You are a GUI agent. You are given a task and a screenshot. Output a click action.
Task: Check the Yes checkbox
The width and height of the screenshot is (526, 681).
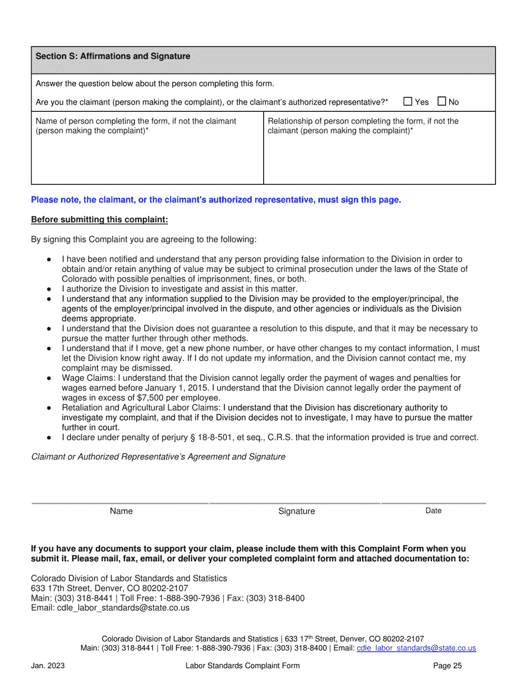(408, 101)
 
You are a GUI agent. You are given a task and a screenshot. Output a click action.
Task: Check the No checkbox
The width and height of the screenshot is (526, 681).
(442, 101)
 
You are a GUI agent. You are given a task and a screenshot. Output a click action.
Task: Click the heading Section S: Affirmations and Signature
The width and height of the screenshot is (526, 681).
(113, 56)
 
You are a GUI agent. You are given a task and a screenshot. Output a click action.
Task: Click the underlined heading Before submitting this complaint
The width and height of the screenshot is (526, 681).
(99, 220)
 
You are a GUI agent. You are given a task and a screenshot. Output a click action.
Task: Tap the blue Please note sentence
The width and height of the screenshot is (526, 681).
(216, 199)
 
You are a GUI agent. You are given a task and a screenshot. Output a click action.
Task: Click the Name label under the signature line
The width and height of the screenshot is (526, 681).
(121, 511)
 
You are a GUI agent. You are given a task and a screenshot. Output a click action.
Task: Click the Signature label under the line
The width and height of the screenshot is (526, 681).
(296, 511)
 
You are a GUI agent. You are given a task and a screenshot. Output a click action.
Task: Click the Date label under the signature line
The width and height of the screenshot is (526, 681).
(433, 510)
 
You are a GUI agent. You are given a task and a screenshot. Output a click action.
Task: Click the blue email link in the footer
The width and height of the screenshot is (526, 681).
(416, 648)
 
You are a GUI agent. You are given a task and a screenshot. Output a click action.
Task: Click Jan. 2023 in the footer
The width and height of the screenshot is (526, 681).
(48, 666)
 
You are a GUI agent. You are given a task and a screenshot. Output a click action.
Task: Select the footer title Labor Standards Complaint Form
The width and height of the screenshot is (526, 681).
(243, 666)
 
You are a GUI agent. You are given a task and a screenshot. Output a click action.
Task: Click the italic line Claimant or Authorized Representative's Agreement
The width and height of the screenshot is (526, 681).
(158, 457)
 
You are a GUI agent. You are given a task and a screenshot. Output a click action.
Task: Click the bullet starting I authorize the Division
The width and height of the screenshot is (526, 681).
(179, 289)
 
